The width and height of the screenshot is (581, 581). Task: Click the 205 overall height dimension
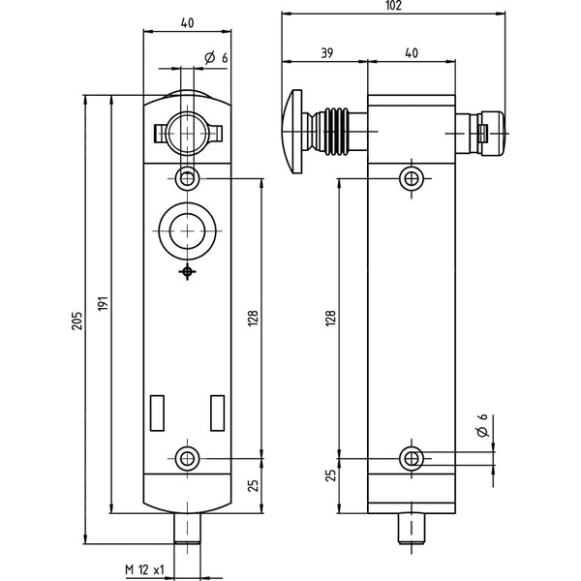[x=76, y=321]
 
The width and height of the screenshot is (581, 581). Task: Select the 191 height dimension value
[x=104, y=303]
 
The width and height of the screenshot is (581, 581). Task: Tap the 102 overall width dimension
[x=393, y=6]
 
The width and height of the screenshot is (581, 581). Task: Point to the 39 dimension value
[x=326, y=53]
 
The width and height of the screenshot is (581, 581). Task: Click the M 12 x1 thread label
[x=144, y=569]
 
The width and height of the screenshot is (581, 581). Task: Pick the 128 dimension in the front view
[x=253, y=319]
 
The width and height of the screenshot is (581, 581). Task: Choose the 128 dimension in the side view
[x=330, y=319]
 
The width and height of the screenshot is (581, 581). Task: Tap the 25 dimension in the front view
[x=253, y=486]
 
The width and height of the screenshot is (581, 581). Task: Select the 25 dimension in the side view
[x=331, y=475]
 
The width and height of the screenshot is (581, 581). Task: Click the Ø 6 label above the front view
[x=216, y=58]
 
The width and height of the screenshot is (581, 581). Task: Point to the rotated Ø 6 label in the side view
[x=482, y=425]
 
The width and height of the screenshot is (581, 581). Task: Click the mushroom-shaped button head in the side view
[x=292, y=132]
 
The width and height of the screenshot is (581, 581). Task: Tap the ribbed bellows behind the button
[x=336, y=132]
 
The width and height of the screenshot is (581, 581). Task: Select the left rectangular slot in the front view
[x=157, y=413]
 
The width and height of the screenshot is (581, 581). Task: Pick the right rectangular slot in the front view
[x=218, y=413]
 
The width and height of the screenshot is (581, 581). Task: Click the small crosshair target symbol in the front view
[x=188, y=272]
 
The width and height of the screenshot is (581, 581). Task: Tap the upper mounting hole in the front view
[x=187, y=178]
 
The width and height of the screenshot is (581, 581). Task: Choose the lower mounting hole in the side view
[x=412, y=459]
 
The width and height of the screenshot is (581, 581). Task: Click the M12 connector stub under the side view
[x=412, y=529]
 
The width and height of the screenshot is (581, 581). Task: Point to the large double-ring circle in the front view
[x=187, y=231]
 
